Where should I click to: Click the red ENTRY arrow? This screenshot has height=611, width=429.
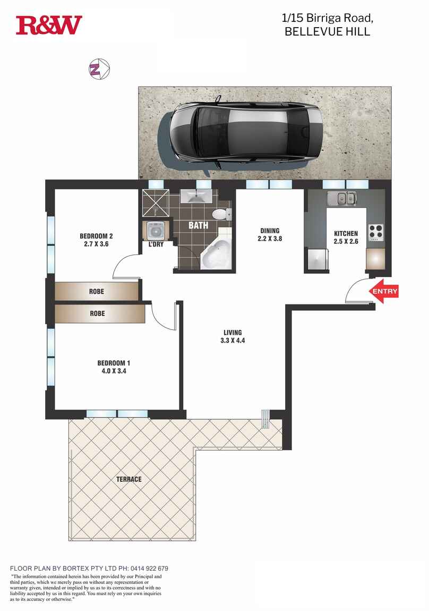pyautogui.click(x=384, y=292)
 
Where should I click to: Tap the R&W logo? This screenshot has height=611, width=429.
pyautogui.click(x=49, y=25)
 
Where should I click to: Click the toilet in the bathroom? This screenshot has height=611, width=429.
pyautogui.click(x=219, y=214)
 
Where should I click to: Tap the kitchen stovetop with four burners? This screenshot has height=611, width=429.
pyautogui.click(x=376, y=233)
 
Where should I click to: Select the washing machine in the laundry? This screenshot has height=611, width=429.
pyautogui.click(x=156, y=231)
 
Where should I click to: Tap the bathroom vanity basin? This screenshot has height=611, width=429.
pyautogui.click(x=196, y=196)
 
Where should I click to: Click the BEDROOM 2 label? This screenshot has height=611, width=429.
pyautogui.click(x=96, y=236)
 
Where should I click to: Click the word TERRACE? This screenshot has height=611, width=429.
pyautogui.click(x=129, y=479)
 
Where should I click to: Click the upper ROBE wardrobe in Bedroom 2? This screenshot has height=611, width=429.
pyautogui.click(x=96, y=292)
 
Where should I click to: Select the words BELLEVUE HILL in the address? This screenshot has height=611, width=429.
pyautogui.click(x=327, y=32)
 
